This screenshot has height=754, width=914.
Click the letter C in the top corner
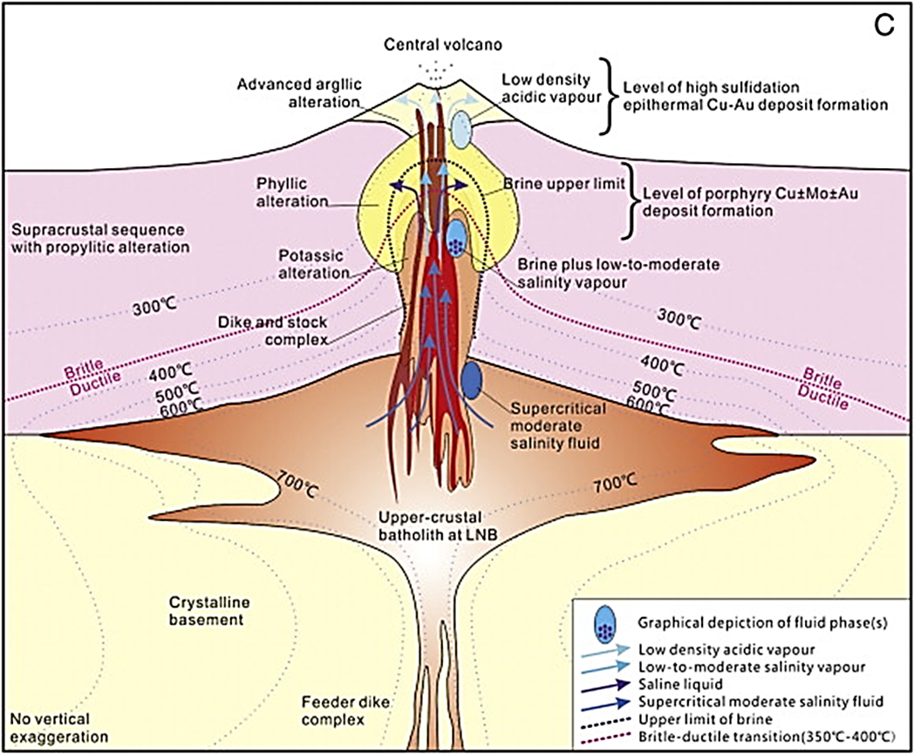coord(885,26)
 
